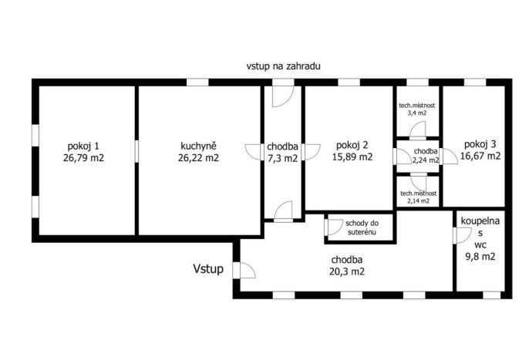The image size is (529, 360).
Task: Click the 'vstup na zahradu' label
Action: pos(283,66)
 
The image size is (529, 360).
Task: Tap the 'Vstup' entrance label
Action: pos(208,269)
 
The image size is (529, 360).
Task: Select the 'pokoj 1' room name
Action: pos(83,146)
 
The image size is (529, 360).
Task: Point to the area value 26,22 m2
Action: pos(198,157)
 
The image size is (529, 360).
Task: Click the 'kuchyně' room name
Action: pos(198,146)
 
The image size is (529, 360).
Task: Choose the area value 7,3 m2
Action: pos(283,158)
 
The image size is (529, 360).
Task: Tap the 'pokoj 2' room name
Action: pos(352,145)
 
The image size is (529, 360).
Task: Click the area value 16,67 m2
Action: pos(480,156)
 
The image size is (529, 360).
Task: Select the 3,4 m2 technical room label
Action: pos(417,109)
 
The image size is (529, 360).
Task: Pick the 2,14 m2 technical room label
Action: pos(418,197)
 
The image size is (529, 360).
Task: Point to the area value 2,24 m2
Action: pos(426,160)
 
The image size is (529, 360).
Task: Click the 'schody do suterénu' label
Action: pos(362,227)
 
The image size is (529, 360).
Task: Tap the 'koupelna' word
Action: pos(480,221)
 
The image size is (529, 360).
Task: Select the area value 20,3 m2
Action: pos(347,271)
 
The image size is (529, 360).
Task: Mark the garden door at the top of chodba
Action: pos(283,96)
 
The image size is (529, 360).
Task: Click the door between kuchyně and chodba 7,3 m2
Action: pos(254,152)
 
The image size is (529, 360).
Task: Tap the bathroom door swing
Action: pos(464,235)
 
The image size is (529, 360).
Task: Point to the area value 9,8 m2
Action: pos(480,257)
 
